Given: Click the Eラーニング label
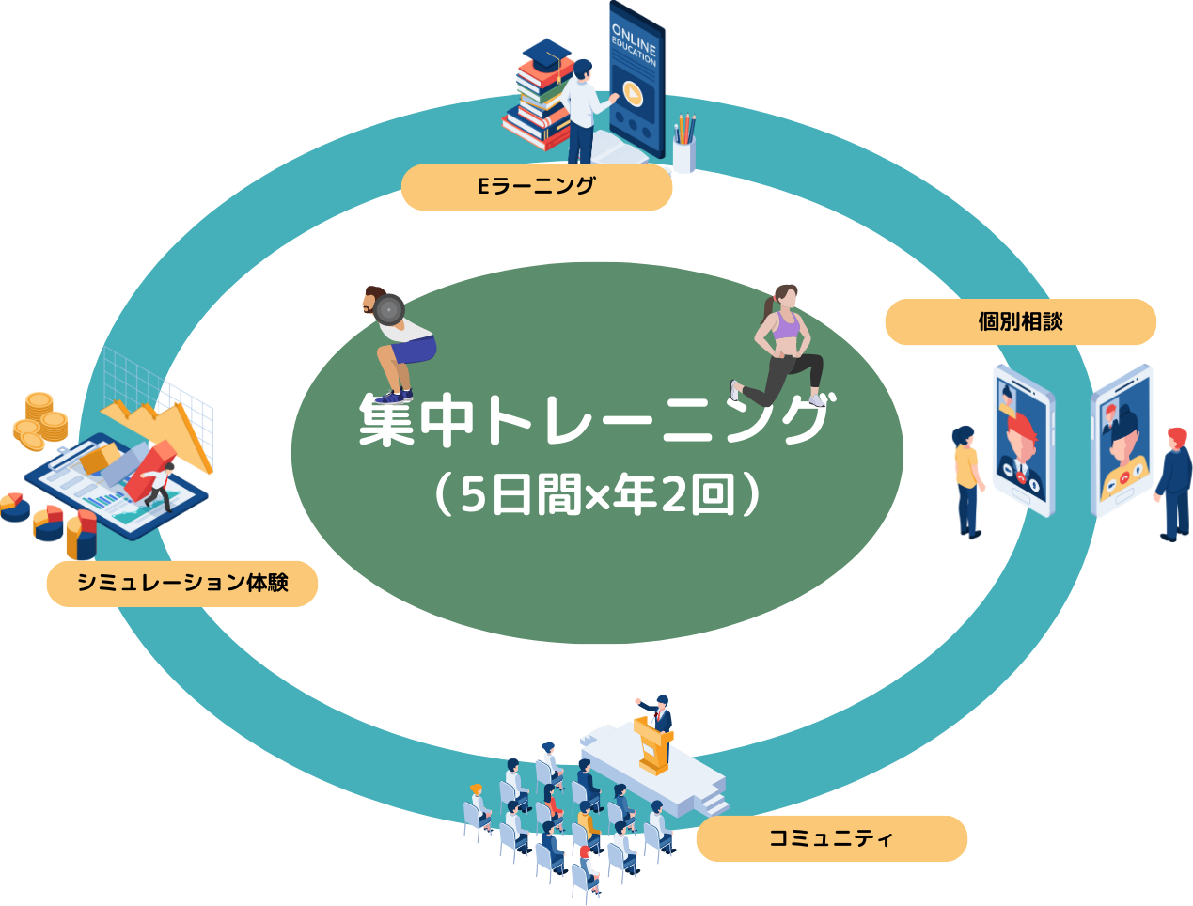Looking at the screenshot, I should [536, 186].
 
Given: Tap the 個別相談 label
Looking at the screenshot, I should [1020, 321].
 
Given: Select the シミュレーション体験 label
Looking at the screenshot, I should [182, 583].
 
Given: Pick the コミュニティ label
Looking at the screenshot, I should [831, 838].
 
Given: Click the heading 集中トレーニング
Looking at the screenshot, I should [595, 420].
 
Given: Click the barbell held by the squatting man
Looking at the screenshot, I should [387, 308].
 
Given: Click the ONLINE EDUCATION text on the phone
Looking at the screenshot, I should [635, 43].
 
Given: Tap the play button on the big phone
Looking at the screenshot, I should [633, 93].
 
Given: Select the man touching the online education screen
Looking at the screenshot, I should [583, 108].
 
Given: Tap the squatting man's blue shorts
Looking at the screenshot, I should [407, 349].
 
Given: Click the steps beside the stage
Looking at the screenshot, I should [713, 802].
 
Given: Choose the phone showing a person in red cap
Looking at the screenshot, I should [1023, 442].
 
